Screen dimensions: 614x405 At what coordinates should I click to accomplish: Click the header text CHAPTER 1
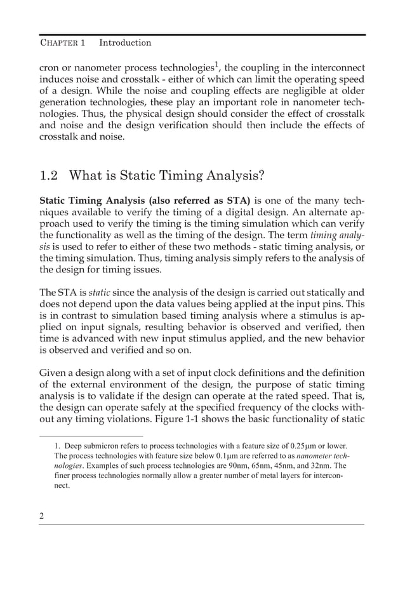62,43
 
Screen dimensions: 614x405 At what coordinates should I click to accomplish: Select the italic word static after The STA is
98,293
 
